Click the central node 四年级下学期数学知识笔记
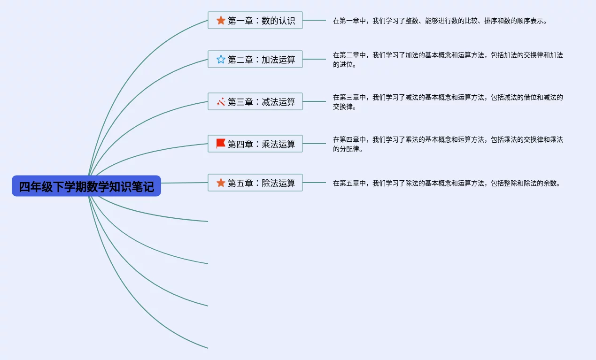click(x=86, y=186)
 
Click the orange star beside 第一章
click(x=221, y=20)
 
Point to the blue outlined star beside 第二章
click(x=221, y=59)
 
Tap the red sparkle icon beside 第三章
click(x=221, y=101)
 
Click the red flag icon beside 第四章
click(x=221, y=144)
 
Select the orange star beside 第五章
click(x=221, y=183)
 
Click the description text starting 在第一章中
click(x=440, y=21)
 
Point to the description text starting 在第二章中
click(x=448, y=60)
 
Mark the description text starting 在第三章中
click(x=448, y=102)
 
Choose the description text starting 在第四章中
click(x=448, y=144)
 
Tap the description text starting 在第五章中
click(x=447, y=183)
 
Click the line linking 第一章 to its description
click(x=314, y=20)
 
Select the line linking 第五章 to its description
click(x=314, y=183)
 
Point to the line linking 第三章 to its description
click(x=314, y=101)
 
